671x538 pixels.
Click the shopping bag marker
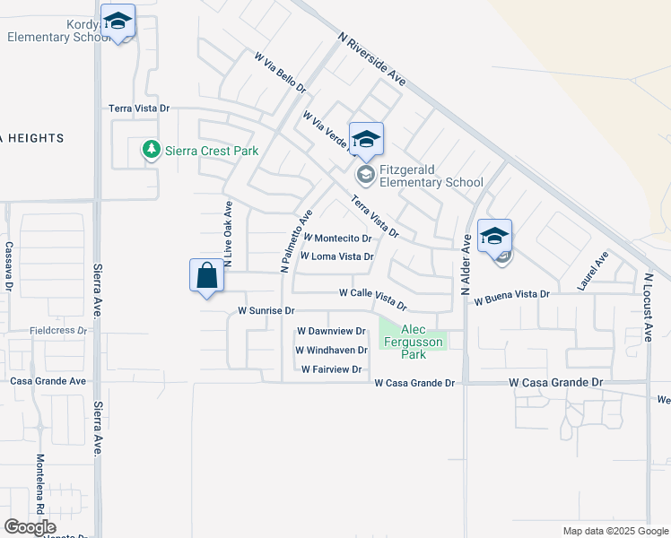point(207,276)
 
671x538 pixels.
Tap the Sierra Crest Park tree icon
point(152,150)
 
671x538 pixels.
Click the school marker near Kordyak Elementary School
point(118,23)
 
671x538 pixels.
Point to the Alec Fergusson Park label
point(413,342)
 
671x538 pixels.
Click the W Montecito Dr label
point(337,239)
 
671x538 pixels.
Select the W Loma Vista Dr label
point(335,256)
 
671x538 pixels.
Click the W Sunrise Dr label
point(266,310)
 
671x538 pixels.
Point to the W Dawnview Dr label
point(331,332)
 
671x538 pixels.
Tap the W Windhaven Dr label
point(331,351)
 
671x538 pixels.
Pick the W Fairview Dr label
point(331,369)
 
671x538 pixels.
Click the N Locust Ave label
point(647,307)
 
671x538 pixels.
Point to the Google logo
point(30,527)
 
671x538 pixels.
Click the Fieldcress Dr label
point(58,330)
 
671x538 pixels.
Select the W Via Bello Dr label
point(280,74)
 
